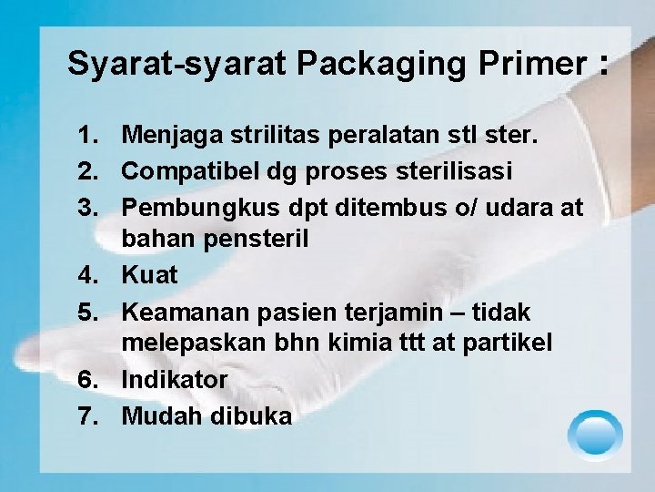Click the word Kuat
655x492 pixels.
click(x=150, y=274)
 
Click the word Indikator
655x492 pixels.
click(x=175, y=379)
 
